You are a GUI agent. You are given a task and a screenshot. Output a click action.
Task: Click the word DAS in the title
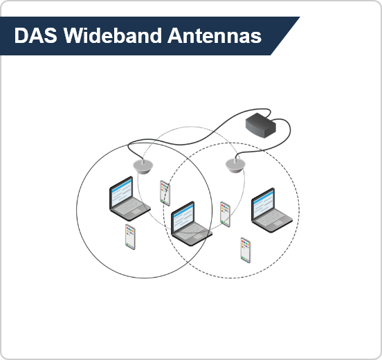click(36, 35)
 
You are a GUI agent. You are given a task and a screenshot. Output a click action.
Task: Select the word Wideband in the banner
click(113, 35)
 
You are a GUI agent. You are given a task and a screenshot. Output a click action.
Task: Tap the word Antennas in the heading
click(215, 35)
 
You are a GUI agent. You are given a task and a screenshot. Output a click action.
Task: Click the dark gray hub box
click(261, 125)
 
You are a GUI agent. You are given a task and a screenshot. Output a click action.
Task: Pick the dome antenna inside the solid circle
click(143, 166)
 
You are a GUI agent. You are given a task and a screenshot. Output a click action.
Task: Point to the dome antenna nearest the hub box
click(235, 165)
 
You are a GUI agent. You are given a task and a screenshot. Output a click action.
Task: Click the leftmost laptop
click(129, 199)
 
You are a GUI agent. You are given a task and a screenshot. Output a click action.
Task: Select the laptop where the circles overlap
click(191, 224)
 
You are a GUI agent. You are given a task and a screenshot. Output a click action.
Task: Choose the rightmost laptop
click(272, 210)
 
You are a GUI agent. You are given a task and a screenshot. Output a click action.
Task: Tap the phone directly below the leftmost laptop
click(130, 237)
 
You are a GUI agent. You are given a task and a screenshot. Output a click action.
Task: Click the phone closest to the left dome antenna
click(165, 193)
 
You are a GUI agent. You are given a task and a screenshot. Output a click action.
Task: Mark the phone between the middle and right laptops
click(225, 214)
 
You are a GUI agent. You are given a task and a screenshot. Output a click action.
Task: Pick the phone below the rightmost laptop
click(246, 250)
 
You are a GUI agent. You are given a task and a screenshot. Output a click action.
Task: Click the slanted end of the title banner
click(285, 36)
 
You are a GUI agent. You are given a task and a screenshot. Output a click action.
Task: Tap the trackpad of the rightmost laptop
click(278, 223)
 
